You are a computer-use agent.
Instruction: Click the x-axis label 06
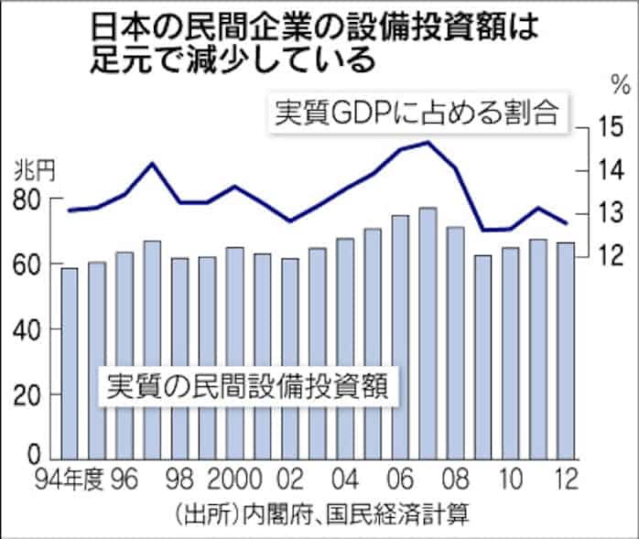click(398, 478)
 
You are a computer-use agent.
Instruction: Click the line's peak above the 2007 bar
click(428, 142)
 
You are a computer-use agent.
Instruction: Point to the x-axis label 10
click(509, 478)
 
